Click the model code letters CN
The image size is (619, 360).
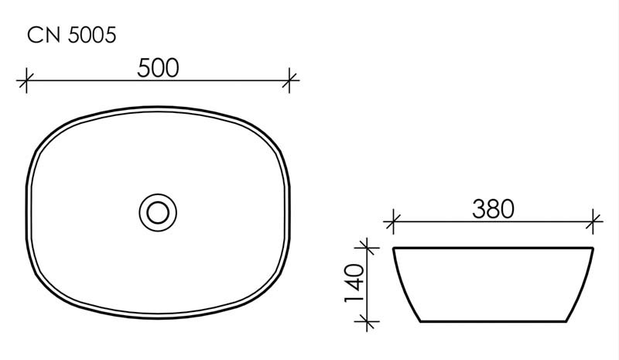click(40, 36)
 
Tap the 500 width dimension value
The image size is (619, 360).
click(159, 68)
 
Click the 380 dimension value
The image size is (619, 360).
click(493, 209)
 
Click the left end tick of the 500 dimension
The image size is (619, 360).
click(27, 79)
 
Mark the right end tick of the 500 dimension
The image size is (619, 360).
click(290, 79)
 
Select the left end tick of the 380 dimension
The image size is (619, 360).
click(394, 221)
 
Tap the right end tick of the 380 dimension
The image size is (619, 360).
click(593, 221)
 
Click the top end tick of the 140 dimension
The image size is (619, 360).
click(368, 249)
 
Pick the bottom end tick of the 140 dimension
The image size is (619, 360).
click(368, 321)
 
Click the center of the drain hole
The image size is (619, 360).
click(159, 210)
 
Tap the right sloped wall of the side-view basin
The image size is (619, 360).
click(583, 285)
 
